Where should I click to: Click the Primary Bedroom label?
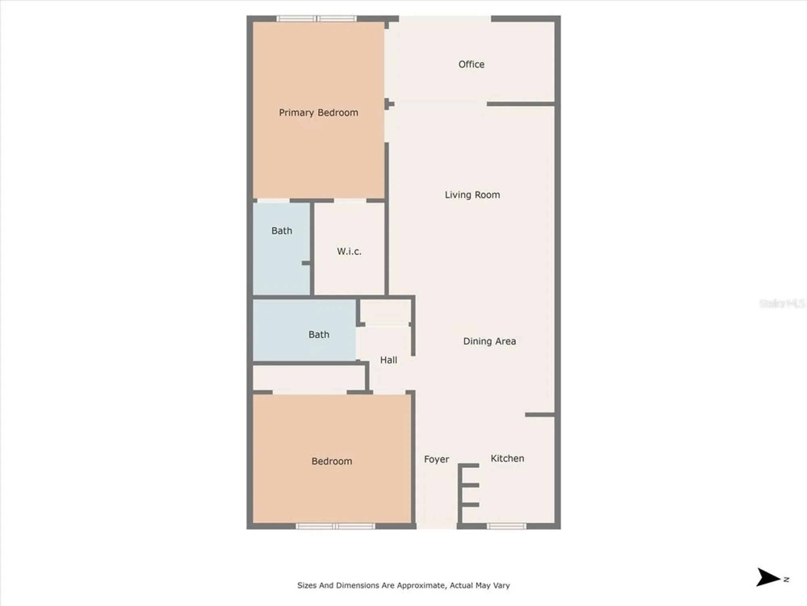pos(318,113)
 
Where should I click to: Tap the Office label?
pos(471,64)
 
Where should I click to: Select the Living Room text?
pos(472,195)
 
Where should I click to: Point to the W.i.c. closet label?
pos(349,251)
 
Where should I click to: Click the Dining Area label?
pos(489,341)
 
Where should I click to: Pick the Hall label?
pos(389,360)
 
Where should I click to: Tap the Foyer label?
pos(436,459)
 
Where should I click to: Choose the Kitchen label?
pos(507,459)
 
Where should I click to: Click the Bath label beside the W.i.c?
pos(282,231)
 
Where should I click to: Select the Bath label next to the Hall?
pos(319,335)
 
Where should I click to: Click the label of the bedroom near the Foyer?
pos(332,461)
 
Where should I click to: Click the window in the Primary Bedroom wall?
pos(317,19)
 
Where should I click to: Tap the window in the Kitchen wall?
pos(506,526)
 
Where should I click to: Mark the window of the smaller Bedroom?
pos(335,526)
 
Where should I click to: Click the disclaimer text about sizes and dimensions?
pos(403,585)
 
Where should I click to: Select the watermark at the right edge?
pos(782,303)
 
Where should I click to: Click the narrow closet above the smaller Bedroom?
pos(309,378)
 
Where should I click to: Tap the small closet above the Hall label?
pos(385,311)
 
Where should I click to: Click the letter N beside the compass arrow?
pos(786,579)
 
